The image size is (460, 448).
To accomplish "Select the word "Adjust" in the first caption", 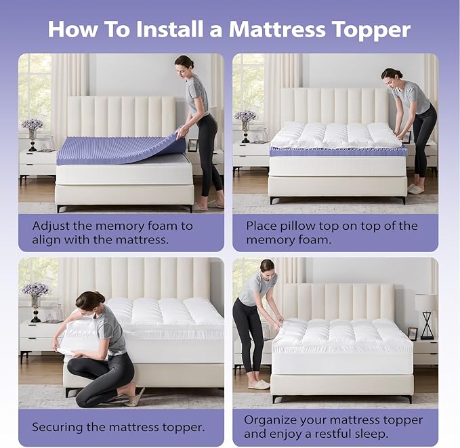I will point(51,226).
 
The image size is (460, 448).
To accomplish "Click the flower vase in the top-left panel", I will point(32,132).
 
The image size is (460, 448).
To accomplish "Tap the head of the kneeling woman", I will point(90,302).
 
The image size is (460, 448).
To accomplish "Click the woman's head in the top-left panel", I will point(184,64).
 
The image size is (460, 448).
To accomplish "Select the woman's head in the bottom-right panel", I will point(266,266).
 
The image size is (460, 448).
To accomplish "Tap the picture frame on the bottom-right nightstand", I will point(412,333).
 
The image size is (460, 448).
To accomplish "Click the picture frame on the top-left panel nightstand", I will point(193,144).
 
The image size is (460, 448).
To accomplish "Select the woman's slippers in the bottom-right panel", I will point(259,384).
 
